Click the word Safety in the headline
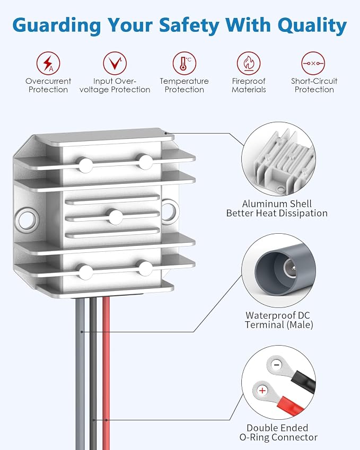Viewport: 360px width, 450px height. (189, 25)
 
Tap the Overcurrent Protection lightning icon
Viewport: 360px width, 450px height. (48, 63)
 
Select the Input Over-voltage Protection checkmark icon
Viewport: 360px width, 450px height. (115, 63)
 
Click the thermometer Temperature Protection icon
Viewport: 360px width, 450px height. (185, 63)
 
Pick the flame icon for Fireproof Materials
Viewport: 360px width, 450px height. (249, 63)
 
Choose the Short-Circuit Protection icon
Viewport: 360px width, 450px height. (313, 63)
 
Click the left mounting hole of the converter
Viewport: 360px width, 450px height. (27, 219)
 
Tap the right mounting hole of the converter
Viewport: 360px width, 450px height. (169, 211)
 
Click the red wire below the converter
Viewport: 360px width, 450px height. (106, 373)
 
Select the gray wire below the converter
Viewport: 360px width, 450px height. (81, 373)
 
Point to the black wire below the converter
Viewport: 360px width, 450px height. (93, 373)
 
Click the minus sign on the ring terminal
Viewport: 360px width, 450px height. (276, 365)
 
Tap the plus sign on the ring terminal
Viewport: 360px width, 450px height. (262, 391)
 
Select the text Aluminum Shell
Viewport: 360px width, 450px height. (277, 204)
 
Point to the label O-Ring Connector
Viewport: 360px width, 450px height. (278, 437)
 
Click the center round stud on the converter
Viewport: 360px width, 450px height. (115, 217)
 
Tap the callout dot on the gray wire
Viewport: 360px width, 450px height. (82, 332)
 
